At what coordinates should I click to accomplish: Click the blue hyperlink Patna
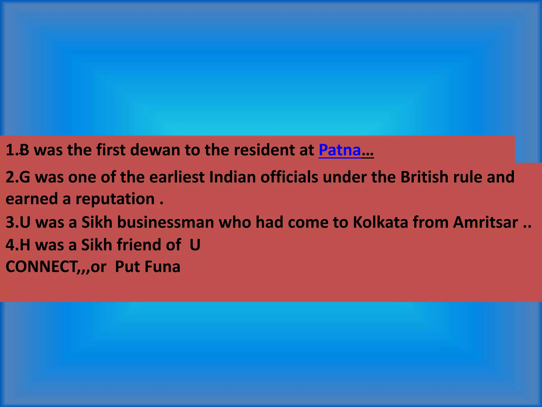[x=340, y=150]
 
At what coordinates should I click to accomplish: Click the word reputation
[x=115, y=199]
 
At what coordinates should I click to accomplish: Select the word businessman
[x=165, y=222]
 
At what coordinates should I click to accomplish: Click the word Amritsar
[x=485, y=222]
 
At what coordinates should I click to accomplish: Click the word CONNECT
[x=41, y=267]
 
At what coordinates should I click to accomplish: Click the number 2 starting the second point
[x=10, y=177]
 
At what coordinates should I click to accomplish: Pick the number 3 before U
[x=10, y=222]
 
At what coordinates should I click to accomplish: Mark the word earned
[x=31, y=199]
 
